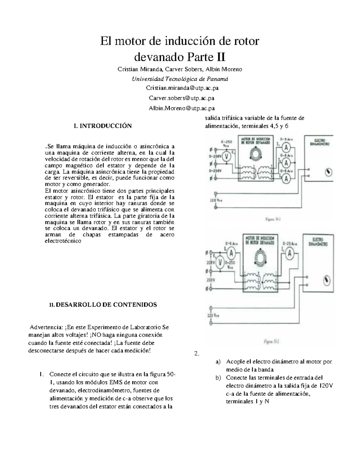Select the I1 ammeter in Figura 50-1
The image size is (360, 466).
click(x=286, y=147)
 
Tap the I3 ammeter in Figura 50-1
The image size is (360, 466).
click(x=286, y=179)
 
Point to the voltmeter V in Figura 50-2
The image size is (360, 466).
click(x=220, y=263)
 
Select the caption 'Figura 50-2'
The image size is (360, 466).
click(x=271, y=341)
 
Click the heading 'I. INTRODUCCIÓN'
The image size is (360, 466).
click(x=103, y=126)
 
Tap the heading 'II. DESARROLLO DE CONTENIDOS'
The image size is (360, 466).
click(x=103, y=305)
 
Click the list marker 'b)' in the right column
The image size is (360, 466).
click(x=218, y=377)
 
